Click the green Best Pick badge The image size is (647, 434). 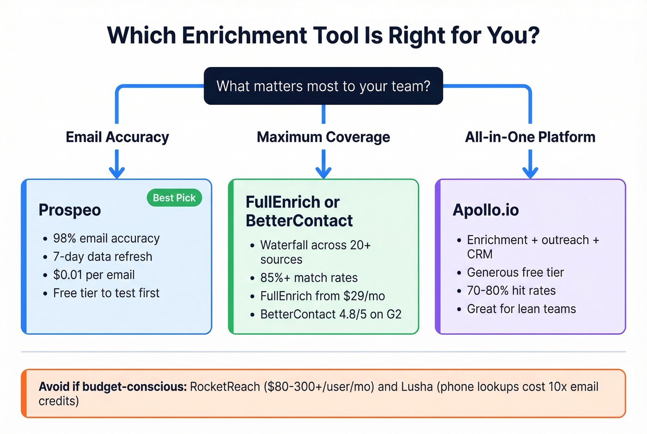[x=174, y=198]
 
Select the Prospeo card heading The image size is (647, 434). [x=70, y=210]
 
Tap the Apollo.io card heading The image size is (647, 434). [x=486, y=210]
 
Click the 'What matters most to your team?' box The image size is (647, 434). [x=323, y=86]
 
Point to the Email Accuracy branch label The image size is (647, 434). [x=117, y=137]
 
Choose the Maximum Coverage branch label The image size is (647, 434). [x=323, y=137]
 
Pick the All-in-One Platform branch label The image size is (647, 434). [x=530, y=137]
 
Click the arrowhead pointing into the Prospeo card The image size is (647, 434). [x=117, y=172]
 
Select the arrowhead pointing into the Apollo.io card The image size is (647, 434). [x=530, y=172]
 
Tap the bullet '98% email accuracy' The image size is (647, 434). [x=106, y=238]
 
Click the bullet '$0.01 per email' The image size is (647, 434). [x=94, y=275]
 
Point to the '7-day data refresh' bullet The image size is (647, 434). [x=103, y=257]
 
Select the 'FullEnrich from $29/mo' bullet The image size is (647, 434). [x=323, y=296]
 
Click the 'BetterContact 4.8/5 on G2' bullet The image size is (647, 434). [x=331, y=314]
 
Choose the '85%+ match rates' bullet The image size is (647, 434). [x=309, y=278]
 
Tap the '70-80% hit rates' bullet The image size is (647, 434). [x=511, y=291]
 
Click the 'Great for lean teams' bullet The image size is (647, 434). [x=521, y=309]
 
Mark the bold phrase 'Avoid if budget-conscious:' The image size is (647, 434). [x=112, y=387]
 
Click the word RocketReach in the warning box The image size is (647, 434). [x=225, y=387]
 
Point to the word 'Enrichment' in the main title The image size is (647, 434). [x=245, y=36]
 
